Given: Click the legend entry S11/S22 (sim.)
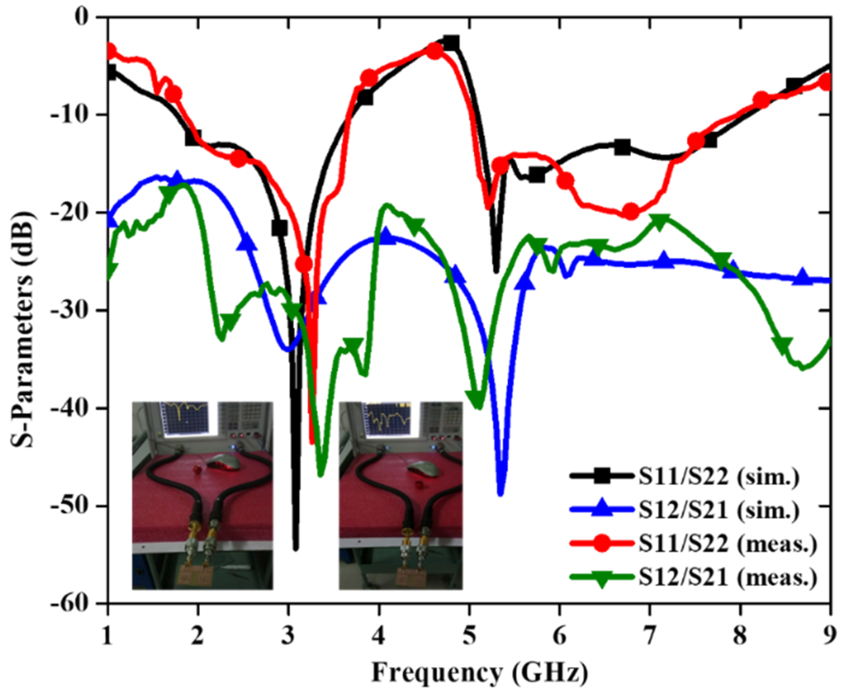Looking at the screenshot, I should (718, 477).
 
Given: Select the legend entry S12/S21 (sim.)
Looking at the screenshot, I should (718, 510).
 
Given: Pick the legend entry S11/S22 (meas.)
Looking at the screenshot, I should (727, 543).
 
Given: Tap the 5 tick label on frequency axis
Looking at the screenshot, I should (469, 636).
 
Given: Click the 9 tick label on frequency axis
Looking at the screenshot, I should (830, 636).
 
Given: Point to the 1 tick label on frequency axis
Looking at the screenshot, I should (107, 636).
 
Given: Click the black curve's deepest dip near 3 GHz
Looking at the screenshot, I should (295, 548).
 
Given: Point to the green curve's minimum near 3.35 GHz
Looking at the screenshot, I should (320, 474).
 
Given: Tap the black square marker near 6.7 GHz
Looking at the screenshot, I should (622, 147).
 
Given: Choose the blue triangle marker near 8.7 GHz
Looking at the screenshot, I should (802, 277).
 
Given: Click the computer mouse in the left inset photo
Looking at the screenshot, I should (222, 461).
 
